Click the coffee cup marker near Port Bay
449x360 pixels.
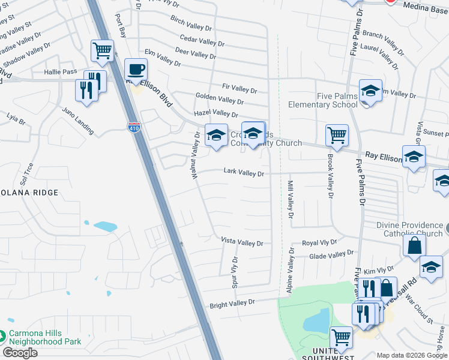[x=136, y=69]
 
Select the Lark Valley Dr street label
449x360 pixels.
[x=244, y=173]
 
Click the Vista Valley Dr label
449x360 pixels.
[x=242, y=242]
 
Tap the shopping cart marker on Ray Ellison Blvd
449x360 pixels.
[x=337, y=135]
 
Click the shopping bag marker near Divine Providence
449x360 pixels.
[x=414, y=245]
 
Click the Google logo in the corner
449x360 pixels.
[x=20, y=353]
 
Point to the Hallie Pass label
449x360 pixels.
[x=61, y=71]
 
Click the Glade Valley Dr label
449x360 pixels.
[x=331, y=255]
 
